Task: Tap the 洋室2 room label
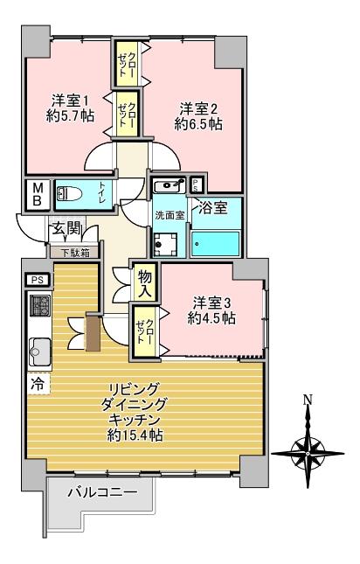tap(197, 108)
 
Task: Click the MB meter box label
tap(38, 194)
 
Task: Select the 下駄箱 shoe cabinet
tap(73, 254)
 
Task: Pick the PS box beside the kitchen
tap(37, 280)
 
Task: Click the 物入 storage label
tap(146, 280)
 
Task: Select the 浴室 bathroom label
tap(213, 208)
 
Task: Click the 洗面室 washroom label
tap(169, 215)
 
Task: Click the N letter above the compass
tap(307, 400)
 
